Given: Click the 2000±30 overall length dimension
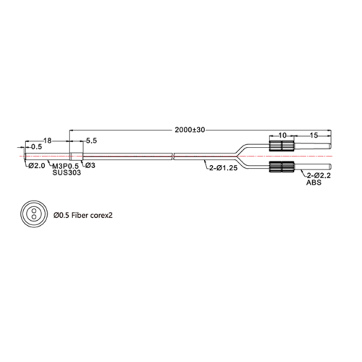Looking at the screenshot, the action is coord(190,130).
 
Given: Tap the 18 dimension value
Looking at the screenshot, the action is coord(48,140).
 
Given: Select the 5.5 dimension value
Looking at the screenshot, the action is coord(91,140).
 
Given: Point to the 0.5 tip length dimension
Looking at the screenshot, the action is coord(36,147).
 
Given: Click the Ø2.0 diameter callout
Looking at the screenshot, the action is coord(37,166).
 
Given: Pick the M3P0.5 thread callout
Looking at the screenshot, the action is coord(66,166).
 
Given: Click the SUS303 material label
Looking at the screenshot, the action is coord(67,172).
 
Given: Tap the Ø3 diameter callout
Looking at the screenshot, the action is coord(90,165).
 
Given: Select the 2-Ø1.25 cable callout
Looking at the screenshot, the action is coord(224,168).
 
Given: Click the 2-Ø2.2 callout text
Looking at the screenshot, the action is coord(319,176).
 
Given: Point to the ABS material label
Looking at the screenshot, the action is coord(313,182).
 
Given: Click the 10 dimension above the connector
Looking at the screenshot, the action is coord(282,135).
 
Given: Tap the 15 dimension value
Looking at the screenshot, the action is coord(313,135).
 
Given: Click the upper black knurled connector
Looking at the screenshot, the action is coord(282,146).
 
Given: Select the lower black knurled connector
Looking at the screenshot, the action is coord(282,167).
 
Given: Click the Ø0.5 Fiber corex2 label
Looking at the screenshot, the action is coord(83,215).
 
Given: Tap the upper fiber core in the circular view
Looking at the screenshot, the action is coord(34,211).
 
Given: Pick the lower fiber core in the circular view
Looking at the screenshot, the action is coord(34,216).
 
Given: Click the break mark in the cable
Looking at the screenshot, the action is coord(173,156).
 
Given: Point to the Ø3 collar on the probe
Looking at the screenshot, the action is coord(76,156).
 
